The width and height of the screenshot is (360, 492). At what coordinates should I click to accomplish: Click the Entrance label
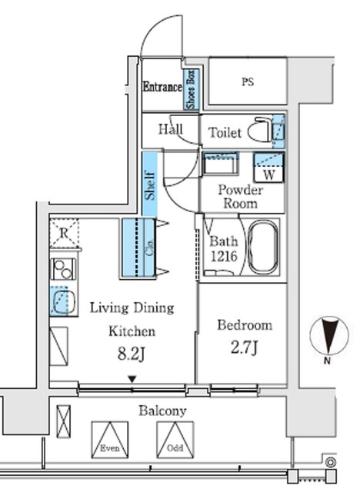coord(162,87)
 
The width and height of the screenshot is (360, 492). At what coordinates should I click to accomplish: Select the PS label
coord(247,81)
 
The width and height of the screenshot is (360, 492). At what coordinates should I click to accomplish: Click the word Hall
coord(170,129)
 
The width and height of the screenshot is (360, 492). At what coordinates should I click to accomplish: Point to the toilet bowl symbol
coord(265,131)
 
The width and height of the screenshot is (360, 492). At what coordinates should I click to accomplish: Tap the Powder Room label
coord(241,196)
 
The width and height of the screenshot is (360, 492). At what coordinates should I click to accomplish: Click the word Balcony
coord(162,411)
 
